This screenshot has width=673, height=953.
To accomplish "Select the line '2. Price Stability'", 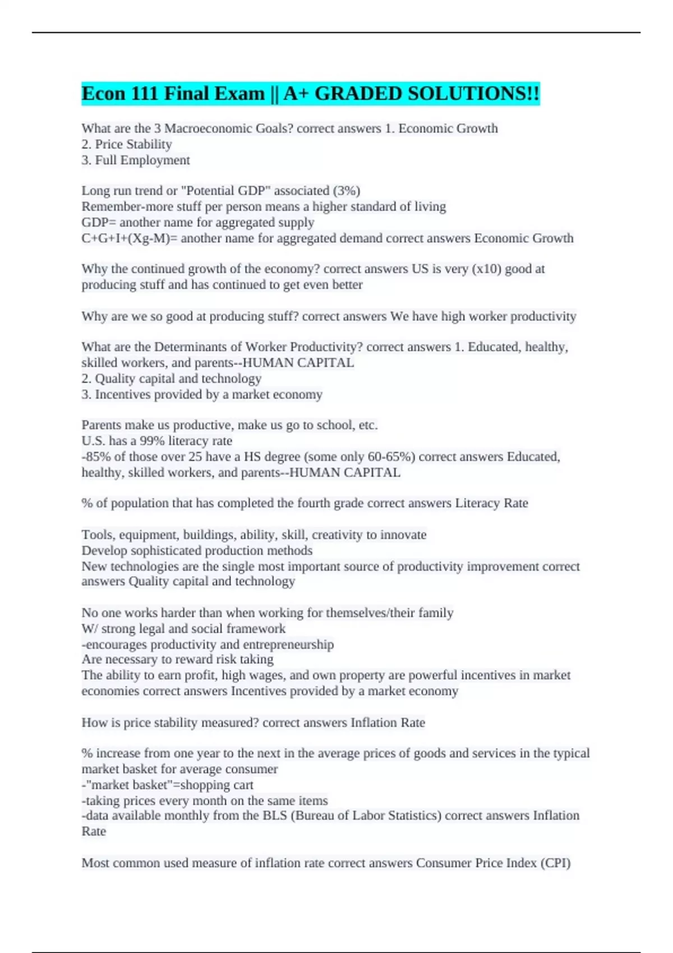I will point(127,145).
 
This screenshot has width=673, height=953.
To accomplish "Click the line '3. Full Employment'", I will point(136,160).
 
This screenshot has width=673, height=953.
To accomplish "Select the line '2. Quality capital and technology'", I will point(172,379).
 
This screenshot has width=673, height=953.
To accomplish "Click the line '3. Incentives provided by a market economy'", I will point(202,395).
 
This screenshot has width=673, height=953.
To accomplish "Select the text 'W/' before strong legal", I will point(89,629).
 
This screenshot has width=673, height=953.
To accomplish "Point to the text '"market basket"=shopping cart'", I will point(169,785).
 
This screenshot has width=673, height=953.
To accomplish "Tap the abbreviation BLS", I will point(274,816).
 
